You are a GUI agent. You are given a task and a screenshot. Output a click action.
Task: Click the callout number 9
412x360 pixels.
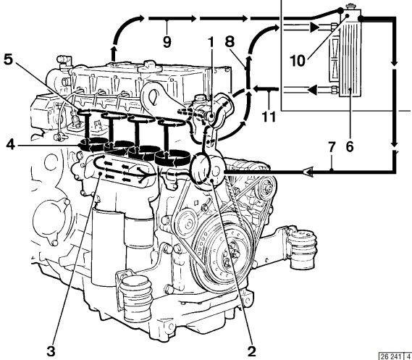167,41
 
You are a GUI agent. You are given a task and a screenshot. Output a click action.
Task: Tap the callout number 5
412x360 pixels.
8,59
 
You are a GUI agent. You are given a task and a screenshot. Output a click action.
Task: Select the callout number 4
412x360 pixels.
11,145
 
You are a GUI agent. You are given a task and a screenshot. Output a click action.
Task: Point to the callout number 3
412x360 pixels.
51,351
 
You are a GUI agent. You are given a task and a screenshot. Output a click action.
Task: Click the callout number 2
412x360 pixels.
251,351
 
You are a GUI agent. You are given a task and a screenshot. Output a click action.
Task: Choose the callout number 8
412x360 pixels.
230,41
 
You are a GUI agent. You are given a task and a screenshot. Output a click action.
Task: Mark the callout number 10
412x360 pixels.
298,60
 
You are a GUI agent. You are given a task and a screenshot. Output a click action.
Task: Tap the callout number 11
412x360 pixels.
269,116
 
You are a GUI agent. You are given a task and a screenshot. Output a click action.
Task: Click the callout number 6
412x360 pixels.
350,146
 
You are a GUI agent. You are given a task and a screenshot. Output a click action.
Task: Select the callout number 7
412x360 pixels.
332,148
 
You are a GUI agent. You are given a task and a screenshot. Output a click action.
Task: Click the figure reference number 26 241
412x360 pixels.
390,356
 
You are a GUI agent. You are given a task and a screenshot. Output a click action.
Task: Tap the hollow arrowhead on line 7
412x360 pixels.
308,172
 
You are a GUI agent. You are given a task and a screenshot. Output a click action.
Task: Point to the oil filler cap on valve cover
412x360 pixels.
150,67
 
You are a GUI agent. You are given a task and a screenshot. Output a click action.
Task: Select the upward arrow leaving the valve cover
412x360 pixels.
113,54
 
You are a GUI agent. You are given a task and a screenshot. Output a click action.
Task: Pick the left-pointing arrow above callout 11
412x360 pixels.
265,89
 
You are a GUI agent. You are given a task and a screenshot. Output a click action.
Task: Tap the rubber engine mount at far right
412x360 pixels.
301,248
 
